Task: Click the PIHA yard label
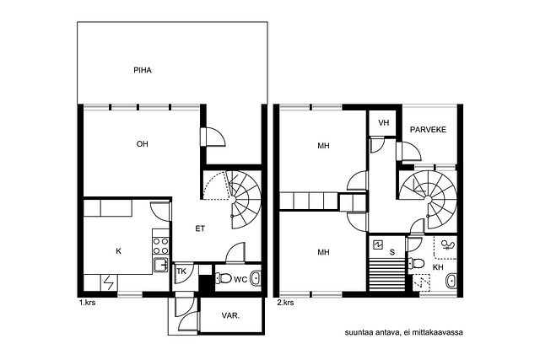[143, 70]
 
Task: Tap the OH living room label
[143, 144]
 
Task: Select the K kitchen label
[118, 251]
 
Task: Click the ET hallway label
[200, 228]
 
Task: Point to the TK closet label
[181, 271]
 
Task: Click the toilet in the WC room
[223, 277]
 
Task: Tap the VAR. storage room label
[230, 315]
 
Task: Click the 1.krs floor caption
[87, 303]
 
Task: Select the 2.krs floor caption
[285, 303]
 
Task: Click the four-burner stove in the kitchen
[161, 246]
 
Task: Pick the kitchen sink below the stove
[161, 265]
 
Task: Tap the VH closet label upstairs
[383, 123]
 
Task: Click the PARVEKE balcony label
[428, 129]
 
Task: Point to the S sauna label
[391, 252]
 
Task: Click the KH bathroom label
[438, 267]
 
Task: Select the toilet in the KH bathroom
[416, 264]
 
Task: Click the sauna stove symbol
[378, 244]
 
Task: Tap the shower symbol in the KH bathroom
[448, 245]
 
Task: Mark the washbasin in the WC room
[255, 278]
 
